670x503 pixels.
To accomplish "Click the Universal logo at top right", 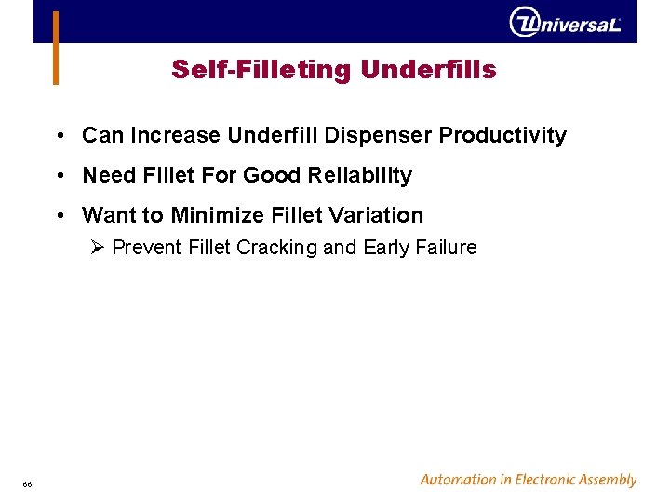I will pyautogui.click(x=565, y=22).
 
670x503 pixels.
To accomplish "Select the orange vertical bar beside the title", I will pyautogui.click(x=56, y=48).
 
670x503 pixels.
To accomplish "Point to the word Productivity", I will pyautogui.click(x=502, y=136).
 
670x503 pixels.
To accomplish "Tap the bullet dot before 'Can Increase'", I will pyautogui.click(x=59, y=136).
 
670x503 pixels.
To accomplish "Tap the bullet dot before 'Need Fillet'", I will pyautogui.click(x=59, y=176).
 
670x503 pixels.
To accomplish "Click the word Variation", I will pyautogui.click(x=377, y=215).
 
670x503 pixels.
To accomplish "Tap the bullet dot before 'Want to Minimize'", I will pyautogui.click(x=59, y=216).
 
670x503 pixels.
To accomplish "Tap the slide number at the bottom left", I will pyautogui.click(x=28, y=483).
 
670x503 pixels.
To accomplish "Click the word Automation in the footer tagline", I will pyautogui.click(x=459, y=480).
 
